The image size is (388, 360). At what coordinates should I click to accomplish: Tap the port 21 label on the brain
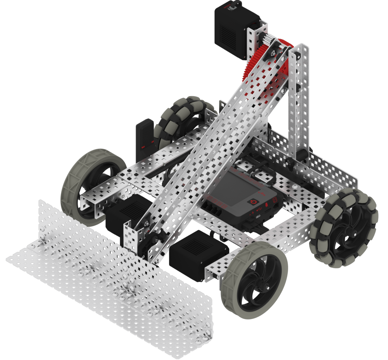274,199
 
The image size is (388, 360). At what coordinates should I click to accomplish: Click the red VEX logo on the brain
261,193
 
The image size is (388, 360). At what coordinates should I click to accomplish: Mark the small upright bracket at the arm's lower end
130,237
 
